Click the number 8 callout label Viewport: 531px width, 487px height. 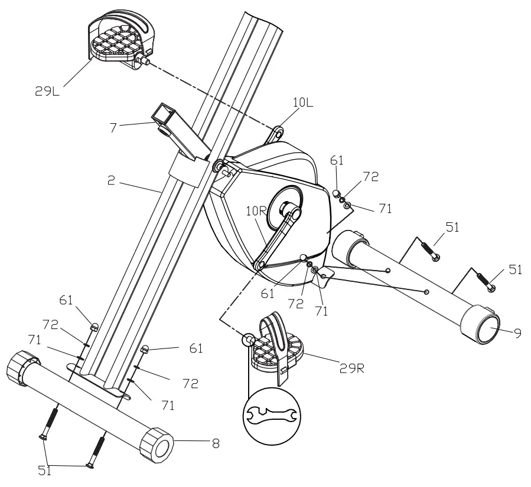click(x=216, y=443)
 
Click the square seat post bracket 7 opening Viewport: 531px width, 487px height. click(x=164, y=112)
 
